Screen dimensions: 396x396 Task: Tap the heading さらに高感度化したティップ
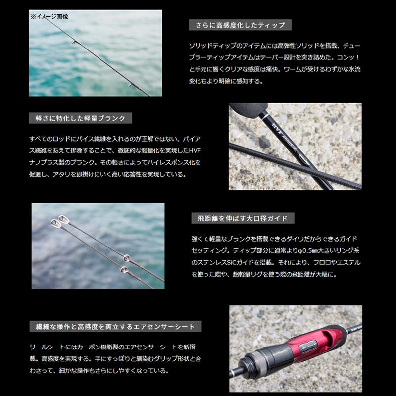point(240,25)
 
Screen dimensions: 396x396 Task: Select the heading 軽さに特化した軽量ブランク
point(81,118)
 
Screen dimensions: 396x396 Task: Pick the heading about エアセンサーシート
point(115,327)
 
